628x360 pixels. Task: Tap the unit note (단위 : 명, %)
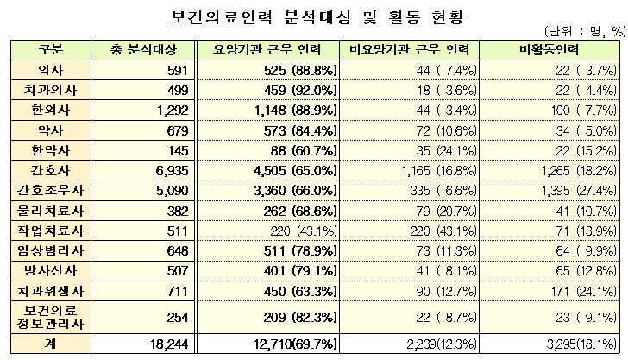click(x=582, y=31)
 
